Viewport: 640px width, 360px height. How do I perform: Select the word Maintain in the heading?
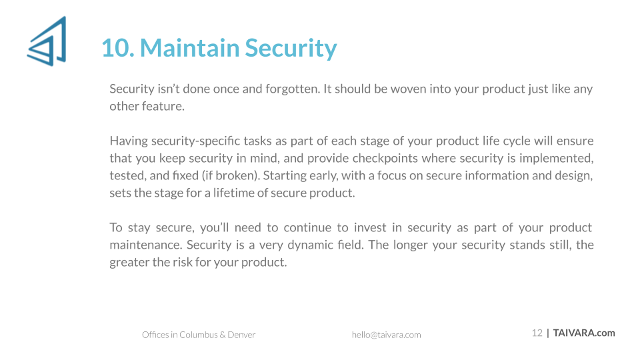[x=190, y=48]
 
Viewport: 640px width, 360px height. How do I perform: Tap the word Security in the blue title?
[x=291, y=49]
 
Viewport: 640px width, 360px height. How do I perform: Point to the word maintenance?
[x=146, y=245]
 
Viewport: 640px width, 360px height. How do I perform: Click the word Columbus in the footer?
[x=199, y=335]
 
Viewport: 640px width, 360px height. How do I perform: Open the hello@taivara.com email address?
[x=386, y=335]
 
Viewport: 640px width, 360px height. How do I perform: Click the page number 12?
[x=537, y=333]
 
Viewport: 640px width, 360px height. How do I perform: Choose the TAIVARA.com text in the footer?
[x=584, y=333]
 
